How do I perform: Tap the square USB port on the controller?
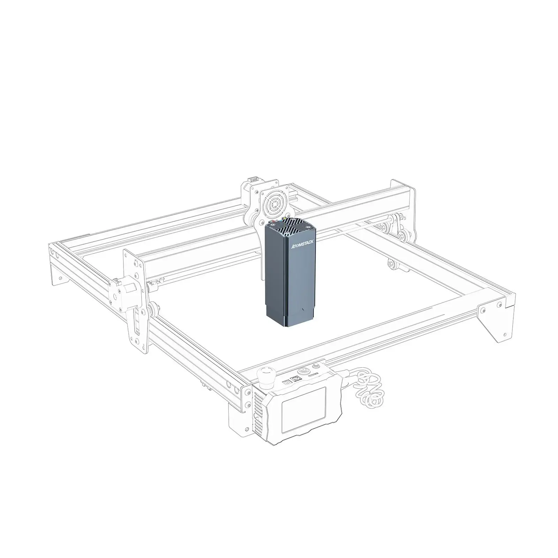[297, 379]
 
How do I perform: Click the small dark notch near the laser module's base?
[302, 310]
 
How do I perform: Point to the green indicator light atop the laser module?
[285, 219]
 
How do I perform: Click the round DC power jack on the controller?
[287, 382]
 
